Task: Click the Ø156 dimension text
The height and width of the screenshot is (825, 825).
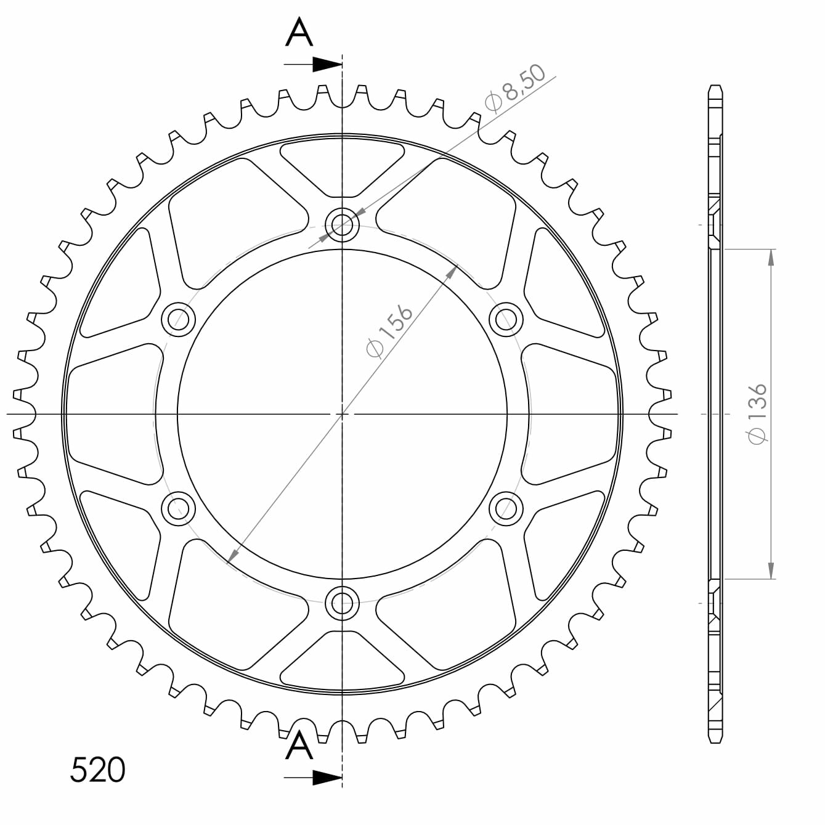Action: (x=389, y=330)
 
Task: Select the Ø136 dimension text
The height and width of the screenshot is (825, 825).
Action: (x=757, y=413)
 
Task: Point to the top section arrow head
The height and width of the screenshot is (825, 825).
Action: (x=328, y=65)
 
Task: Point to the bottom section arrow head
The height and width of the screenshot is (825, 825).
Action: (x=328, y=778)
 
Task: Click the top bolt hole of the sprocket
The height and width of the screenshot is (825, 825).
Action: (x=342, y=224)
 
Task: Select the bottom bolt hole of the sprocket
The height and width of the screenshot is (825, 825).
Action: (x=342, y=603)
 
